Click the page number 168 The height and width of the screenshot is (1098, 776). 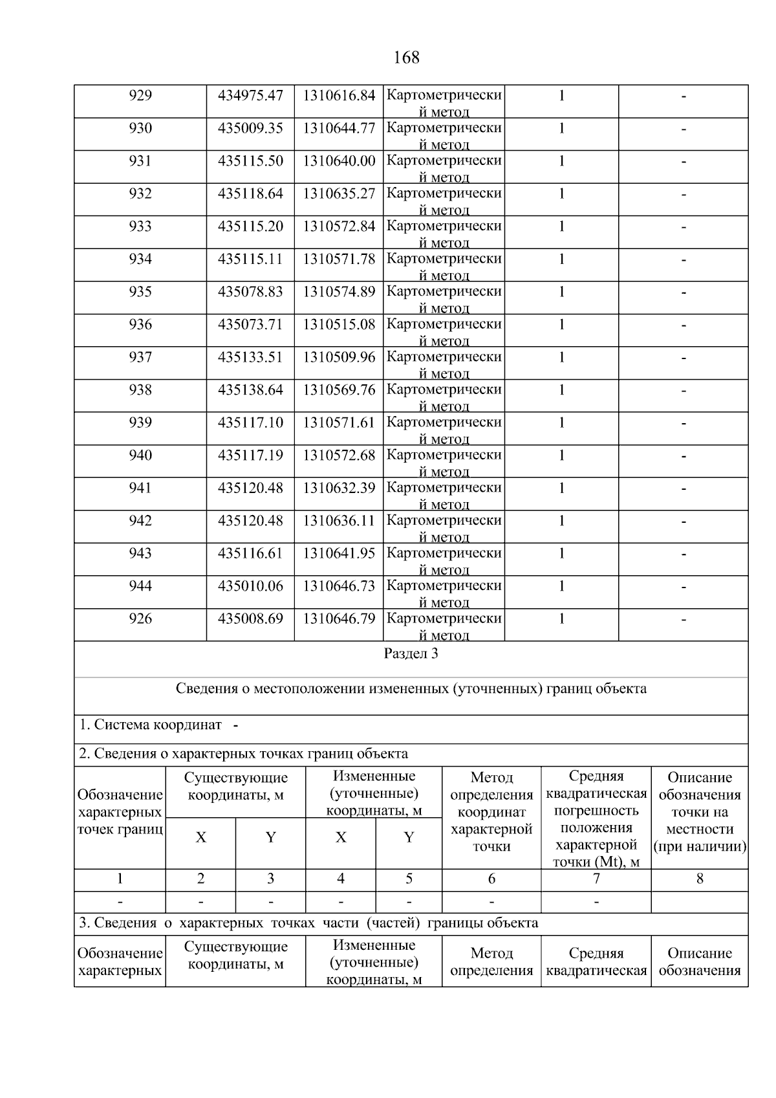click(406, 58)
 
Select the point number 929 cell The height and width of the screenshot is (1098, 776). click(140, 96)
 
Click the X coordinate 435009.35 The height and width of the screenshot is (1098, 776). click(250, 128)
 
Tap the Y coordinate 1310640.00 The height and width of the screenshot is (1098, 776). click(339, 161)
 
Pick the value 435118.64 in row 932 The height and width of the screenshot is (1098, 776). click(250, 193)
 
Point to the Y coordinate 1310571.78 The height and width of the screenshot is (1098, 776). click(339, 259)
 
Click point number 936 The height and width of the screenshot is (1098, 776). click(140, 325)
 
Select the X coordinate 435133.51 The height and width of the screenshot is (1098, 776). click(250, 357)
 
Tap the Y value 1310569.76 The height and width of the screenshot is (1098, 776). click(339, 390)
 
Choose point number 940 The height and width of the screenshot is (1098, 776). click(140, 456)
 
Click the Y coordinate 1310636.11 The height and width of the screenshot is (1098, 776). click(339, 521)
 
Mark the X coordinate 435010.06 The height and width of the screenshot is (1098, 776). click(250, 586)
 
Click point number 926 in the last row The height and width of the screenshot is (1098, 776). click(140, 619)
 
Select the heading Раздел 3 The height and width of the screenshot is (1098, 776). click(411, 653)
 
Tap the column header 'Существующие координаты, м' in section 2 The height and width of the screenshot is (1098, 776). click(235, 786)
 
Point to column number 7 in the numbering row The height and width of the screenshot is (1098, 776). click(596, 879)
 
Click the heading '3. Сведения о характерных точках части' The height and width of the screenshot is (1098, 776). click(308, 923)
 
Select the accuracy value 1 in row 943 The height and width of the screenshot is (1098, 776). click(561, 554)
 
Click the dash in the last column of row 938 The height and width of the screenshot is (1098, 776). click(683, 391)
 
